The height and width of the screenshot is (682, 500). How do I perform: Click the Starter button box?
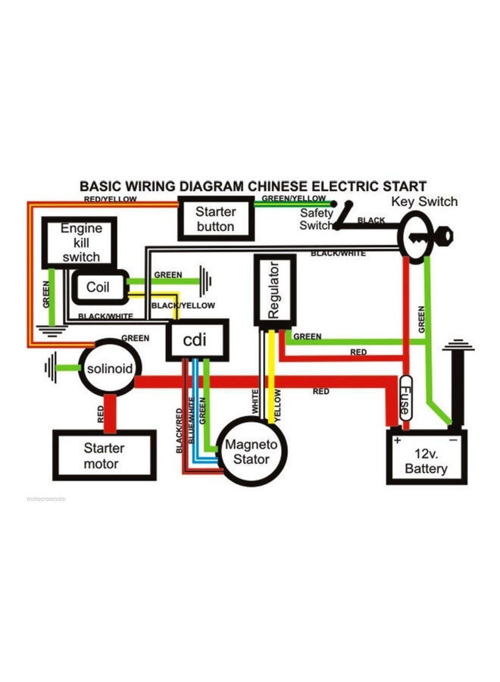coord(215,219)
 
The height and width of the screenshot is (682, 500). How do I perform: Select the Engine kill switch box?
coord(80,242)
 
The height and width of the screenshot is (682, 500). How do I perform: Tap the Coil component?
coord(98,287)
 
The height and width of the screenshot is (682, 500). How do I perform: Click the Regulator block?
coord(274,290)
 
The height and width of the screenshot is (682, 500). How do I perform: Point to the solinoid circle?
coord(110,369)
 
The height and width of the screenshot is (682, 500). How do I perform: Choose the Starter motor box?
coord(104,455)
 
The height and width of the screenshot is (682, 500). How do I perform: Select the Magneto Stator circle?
coord(251,452)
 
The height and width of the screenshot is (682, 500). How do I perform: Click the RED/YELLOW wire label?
coord(110,199)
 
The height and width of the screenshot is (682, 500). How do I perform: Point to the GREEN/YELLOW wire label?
coord(293,199)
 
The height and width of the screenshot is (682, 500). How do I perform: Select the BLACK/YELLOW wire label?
coord(183,305)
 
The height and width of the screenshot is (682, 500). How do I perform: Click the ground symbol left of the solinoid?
coord(52,369)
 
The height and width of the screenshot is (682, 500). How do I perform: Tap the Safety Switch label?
coord(316,219)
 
